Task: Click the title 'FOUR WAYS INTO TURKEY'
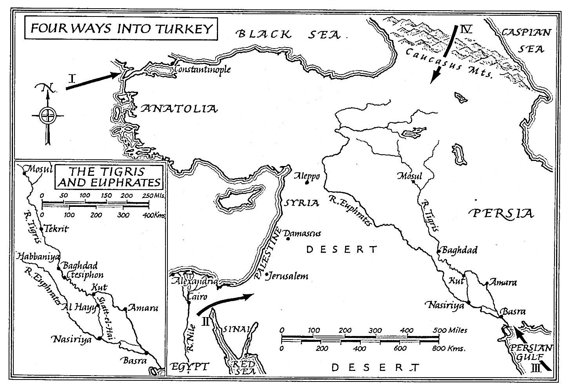click(x=121, y=29)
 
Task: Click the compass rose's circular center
click(x=47, y=115)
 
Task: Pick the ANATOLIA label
click(x=178, y=108)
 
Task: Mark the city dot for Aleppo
click(x=307, y=182)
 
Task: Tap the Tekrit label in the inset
click(x=57, y=229)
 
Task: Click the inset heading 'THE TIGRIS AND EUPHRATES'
click(x=109, y=177)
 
